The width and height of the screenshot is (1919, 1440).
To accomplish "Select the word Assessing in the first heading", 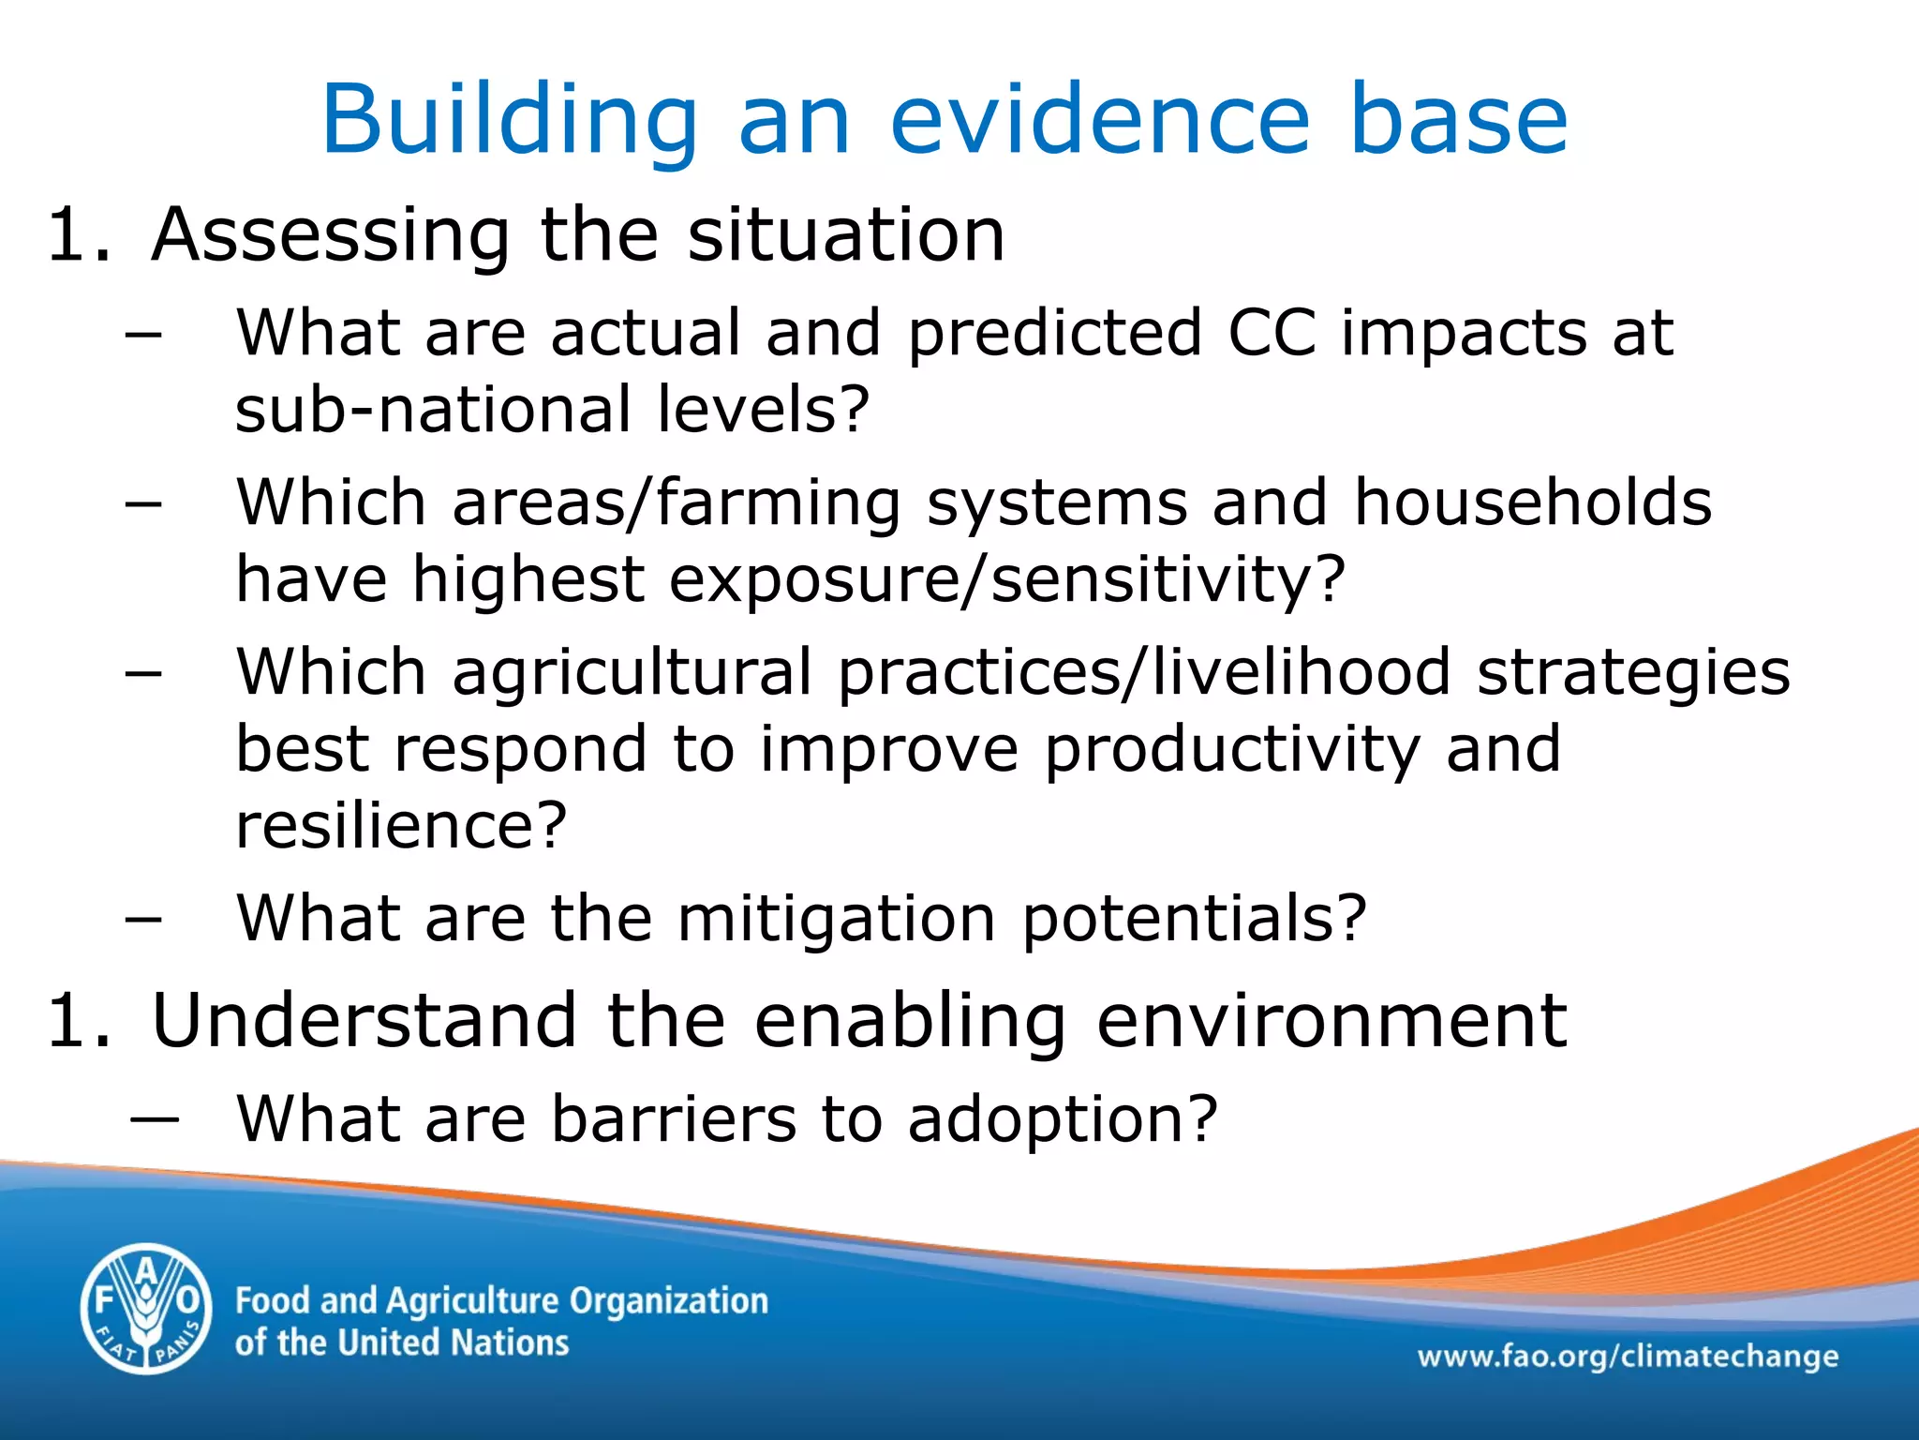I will pyautogui.click(x=331, y=234).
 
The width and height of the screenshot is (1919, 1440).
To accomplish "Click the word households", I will pyautogui.click(x=1533, y=502).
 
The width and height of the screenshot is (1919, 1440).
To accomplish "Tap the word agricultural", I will pyautogui.click(x=632, y=673).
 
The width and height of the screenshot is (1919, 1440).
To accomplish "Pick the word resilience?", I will pyautogui.click(x=401, y=826).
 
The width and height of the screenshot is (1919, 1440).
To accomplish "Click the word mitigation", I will pyautogui.click(x=837, y=918).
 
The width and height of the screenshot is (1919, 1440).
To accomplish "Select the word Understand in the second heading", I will pyautogui.click(x=364, y=1021).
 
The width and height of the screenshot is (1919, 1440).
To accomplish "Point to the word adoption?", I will pyautogui.click(x=1062, y=1121).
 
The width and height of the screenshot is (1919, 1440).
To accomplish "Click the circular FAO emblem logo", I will pyautogui.click(x=146, y=1309).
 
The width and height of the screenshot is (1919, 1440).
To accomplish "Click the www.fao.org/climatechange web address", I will pyautogui.click(x=1628, y=1356).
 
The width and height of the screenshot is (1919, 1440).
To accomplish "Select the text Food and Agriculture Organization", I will pyautogui.click(x=501, y=1301).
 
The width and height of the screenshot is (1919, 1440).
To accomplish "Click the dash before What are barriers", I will pyautogui.click(x=155, y=1119).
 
